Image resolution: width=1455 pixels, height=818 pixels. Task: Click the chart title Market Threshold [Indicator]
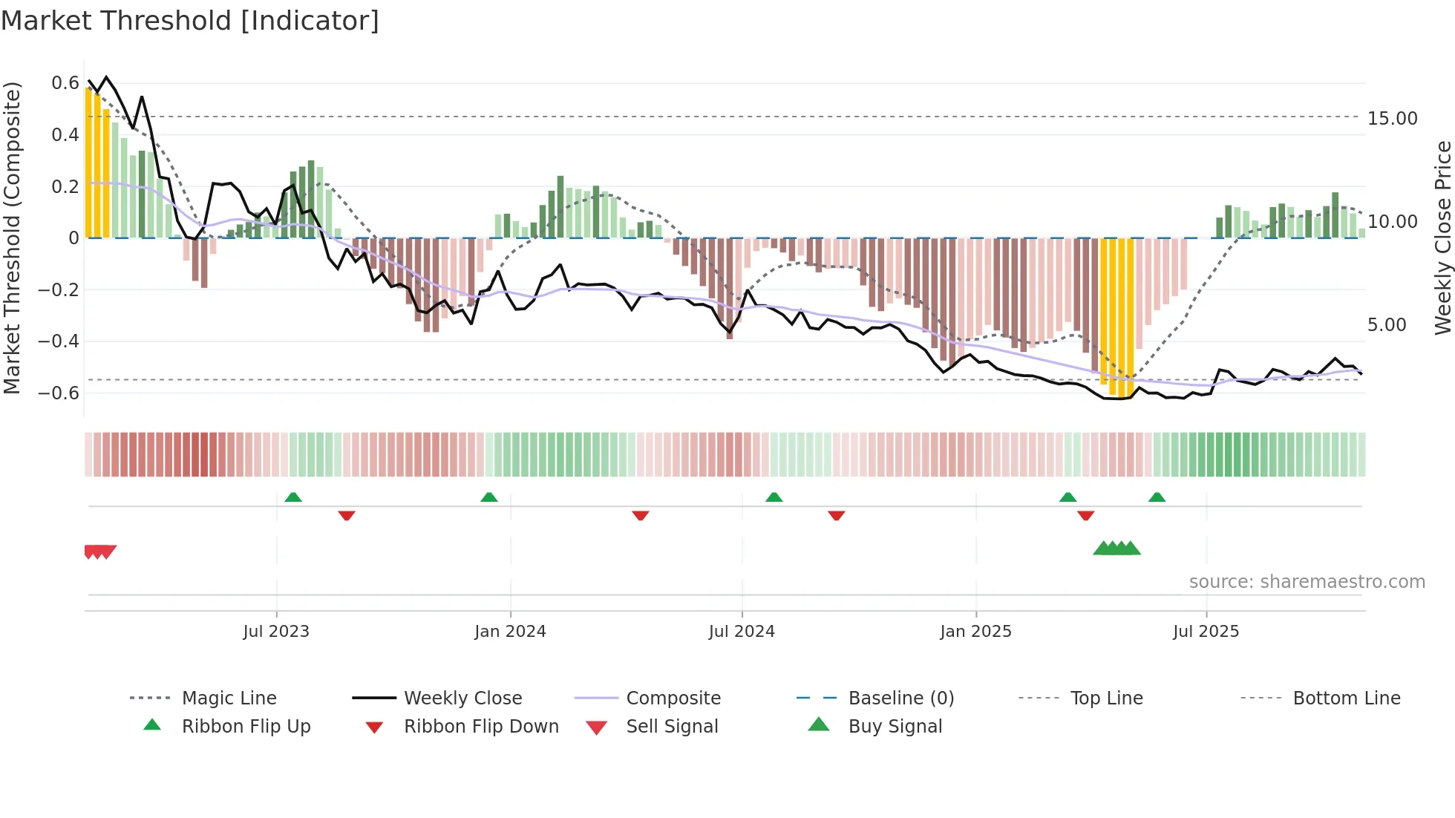190,21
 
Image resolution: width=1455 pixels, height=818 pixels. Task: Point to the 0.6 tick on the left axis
65,83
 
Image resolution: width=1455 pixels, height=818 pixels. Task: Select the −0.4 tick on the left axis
59,341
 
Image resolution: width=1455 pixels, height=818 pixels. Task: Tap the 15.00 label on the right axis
1392,119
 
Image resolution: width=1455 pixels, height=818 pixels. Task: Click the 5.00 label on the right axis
1386,325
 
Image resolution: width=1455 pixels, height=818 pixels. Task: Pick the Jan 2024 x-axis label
510,632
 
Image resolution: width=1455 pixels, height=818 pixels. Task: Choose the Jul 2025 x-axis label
1206,632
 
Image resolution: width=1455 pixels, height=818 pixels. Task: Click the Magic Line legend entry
229,698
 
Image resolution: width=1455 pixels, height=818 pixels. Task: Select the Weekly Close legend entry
462,698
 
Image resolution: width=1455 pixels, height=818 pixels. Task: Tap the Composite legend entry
673,698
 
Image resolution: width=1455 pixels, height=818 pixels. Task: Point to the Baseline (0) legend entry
900,698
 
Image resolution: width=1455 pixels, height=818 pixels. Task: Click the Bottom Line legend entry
1346,698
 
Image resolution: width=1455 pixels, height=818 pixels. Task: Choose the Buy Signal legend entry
895,727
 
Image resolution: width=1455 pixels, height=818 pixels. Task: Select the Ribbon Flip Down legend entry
480,727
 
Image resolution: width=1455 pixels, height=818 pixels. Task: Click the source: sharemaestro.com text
1307,582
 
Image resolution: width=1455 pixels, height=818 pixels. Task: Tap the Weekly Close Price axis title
1442,238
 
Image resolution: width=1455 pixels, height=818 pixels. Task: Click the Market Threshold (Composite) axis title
13,238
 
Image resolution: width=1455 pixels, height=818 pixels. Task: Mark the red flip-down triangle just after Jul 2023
347,515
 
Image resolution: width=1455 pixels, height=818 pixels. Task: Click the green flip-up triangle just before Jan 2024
489,497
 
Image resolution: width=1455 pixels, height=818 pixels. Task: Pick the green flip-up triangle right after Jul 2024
774,497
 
